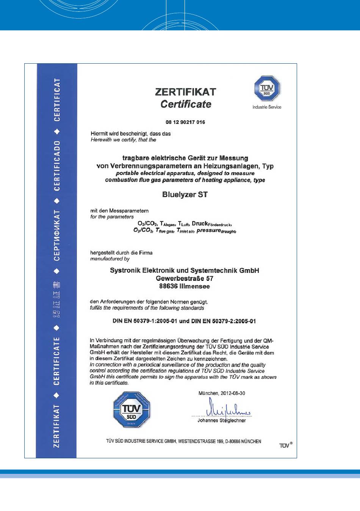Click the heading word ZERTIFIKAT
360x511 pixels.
tap(185, 92)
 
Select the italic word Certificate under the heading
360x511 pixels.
tap(186, 104)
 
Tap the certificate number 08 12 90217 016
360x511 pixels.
tap(185, 122)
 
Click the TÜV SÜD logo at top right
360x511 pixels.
tap(267, 89)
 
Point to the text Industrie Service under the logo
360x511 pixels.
tap(267, 107)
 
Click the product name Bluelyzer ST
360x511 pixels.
tap(185, 194)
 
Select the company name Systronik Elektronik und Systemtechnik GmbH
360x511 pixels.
tap(185, 270)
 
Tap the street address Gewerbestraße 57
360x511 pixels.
tap(185, 278)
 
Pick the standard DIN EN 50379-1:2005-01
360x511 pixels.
tap(145, 321)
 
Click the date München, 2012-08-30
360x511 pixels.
tap(222, 393)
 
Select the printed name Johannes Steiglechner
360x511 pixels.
tap(222, 420)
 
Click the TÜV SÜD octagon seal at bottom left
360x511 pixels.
tap(132, 410)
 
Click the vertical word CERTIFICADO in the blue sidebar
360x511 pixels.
tap(57, 166)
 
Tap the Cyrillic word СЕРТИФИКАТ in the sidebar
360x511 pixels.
tap(57, 235)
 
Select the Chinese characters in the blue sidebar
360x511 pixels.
tap(57, 299)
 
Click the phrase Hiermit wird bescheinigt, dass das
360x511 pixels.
tap(131, 133)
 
